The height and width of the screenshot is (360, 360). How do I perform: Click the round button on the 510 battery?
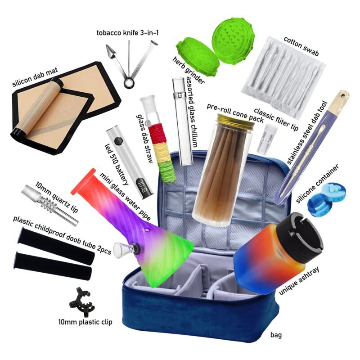coord(118,141)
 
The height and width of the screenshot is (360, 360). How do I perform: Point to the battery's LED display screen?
coord(141,185)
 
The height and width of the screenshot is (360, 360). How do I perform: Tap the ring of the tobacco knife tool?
coord(129,83)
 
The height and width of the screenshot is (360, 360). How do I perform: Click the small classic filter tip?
coord(265,139)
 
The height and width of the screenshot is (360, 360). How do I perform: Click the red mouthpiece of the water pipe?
coord(83,182)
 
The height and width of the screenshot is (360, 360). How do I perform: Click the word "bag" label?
coord(276,335)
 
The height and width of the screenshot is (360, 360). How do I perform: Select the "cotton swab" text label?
coord(301,46)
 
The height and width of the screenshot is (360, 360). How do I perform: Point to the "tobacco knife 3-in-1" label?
coord(127,33)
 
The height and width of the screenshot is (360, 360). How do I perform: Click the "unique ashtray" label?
coord(299,281)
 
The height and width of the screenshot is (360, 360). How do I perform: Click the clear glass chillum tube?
coord(183,121)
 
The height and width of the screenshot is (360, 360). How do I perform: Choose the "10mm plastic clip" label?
coord(85,322)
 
